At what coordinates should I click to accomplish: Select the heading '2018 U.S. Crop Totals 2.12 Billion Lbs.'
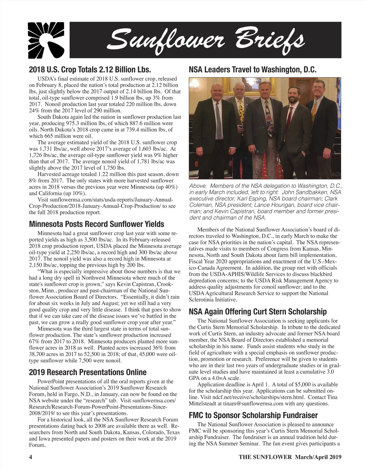[90, 69]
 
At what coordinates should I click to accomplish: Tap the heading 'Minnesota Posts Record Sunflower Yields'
[96, 224]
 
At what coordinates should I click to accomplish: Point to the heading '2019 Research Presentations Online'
[88, 372]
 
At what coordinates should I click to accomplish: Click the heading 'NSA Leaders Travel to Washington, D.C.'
[253, 69]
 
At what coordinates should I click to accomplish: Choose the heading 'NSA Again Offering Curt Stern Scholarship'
[258, 312]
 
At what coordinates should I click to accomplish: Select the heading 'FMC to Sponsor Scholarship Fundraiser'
[253, 415]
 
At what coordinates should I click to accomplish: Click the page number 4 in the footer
[30, 457]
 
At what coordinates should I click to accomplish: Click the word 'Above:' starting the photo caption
[198, 186]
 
